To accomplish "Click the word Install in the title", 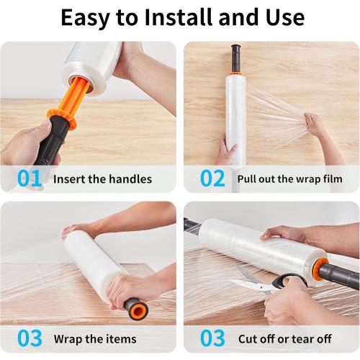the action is click(x=179, y=17).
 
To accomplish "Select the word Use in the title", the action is click(x=285, y=17).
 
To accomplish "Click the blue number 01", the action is click(x=30, y=179).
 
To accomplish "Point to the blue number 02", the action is click(x=212, y=179).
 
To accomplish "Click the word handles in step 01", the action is click(x=130, y=179).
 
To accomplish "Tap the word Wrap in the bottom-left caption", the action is click(x=68, y=339).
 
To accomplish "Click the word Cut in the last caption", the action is click(x=248, y=339).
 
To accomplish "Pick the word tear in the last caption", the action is click(x=304, y=339).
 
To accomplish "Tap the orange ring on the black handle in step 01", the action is click(x=62, y=119).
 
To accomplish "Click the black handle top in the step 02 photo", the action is click(x=236, y=58).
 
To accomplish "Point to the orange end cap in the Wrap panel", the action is click(x=138, y=311).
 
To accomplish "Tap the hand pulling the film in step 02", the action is click(x=316, y=125).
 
